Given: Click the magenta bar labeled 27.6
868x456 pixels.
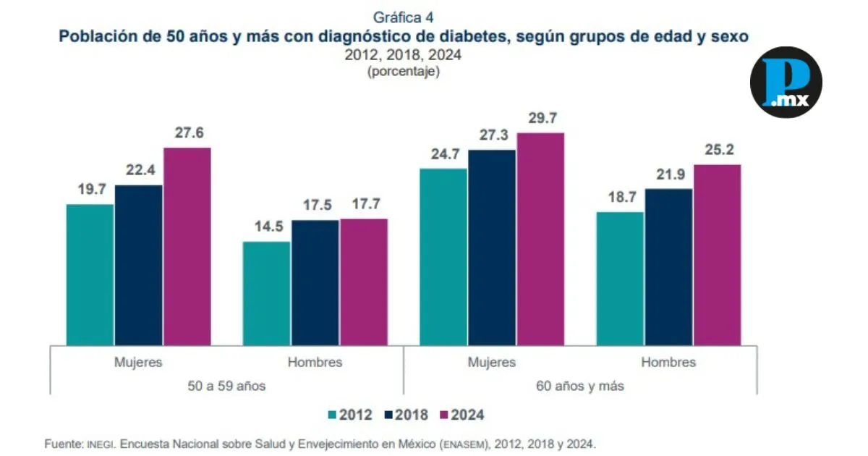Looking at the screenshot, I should click(187, 246).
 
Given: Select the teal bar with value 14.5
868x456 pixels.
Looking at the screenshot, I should click(266, 293).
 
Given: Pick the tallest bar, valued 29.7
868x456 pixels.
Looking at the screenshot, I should click(540, 239).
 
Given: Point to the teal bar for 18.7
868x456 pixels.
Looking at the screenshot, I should click(620, 279).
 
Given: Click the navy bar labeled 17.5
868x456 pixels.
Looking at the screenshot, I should click(315, 282).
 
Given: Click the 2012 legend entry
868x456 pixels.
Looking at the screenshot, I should click(350, 415).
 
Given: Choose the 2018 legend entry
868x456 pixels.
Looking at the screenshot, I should click(407, 415).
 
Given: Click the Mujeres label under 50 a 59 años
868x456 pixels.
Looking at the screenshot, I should click(137, 362).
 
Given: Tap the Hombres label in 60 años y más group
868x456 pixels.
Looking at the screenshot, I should click(668, 362).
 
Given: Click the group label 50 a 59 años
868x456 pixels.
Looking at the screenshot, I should click(226, 387).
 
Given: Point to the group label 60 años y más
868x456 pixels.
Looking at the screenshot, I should click(580, 387).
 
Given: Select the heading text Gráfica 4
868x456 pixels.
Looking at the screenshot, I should click(404, 17).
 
